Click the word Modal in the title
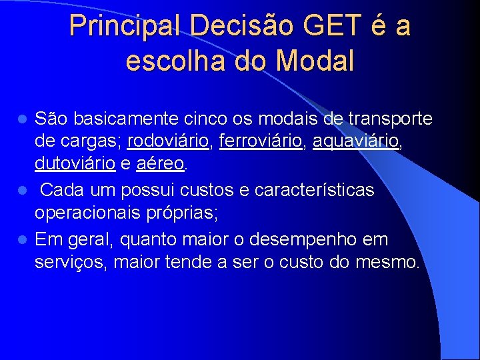coord(315,61)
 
